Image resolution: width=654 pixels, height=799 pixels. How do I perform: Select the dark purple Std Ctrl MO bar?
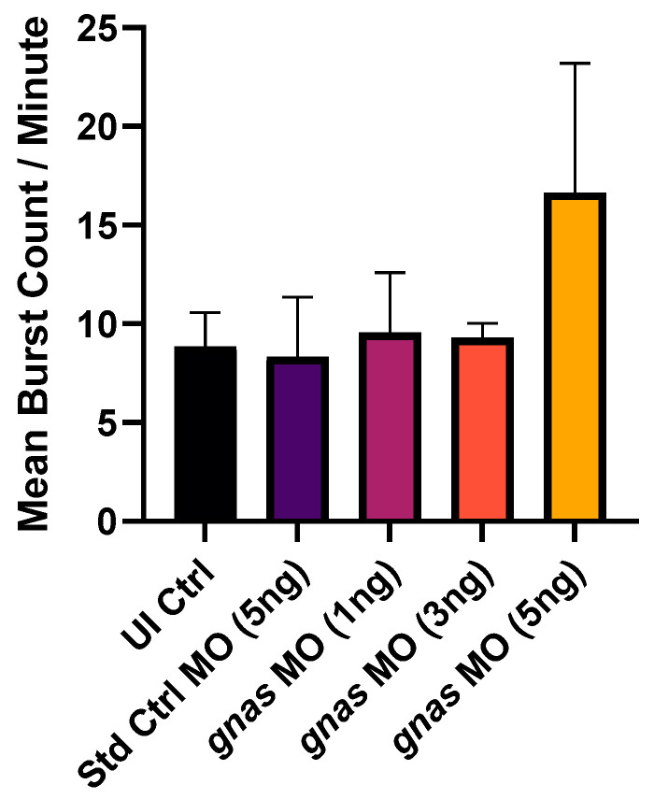[297, 439]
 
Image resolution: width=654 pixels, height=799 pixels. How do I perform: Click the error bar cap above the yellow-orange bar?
[576, 64]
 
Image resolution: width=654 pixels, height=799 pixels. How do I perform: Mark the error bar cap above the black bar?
[205, 312]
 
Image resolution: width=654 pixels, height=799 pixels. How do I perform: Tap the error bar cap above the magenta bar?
[390, 273]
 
